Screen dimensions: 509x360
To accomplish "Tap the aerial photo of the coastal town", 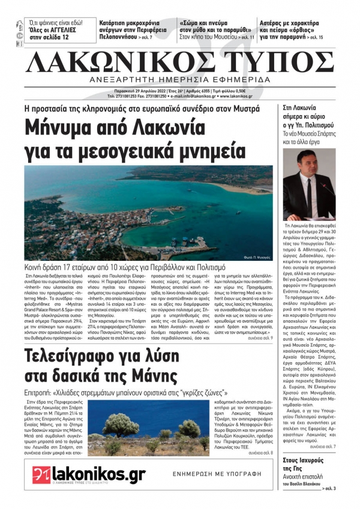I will [x=149, y=204].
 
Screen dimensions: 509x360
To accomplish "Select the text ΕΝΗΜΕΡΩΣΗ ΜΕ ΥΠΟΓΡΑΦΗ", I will [x=217, y=473].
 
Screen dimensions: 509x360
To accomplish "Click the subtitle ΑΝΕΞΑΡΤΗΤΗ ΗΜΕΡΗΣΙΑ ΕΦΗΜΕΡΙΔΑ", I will [x=180, y=81].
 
